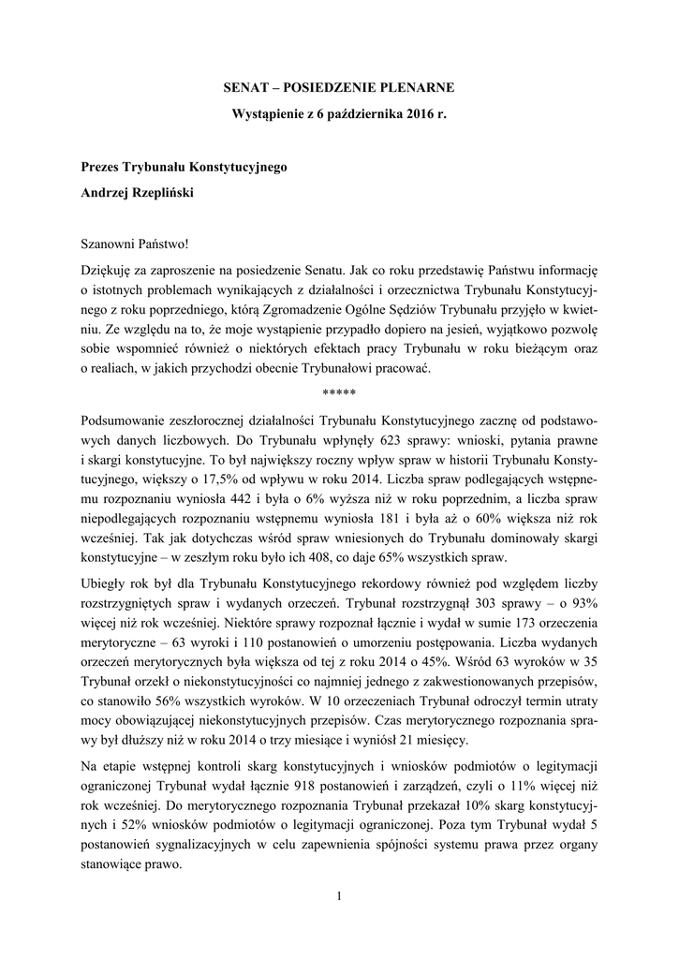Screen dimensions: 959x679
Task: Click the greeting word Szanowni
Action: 110,245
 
